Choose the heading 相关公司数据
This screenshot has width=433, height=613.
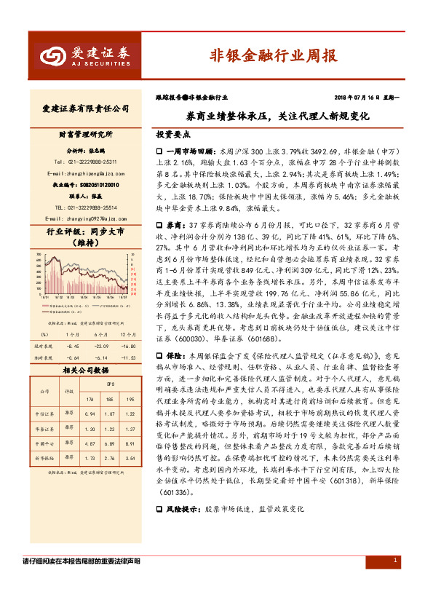pos(85,370)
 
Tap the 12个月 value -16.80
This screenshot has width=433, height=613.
pos(128,347)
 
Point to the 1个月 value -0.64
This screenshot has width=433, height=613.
pos(72,357)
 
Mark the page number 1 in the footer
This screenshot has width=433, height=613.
pos(394,560)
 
